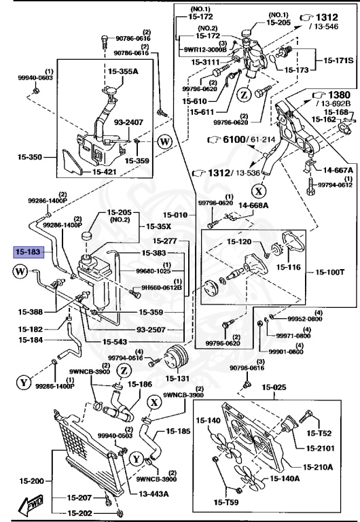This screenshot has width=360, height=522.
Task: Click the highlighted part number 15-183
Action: pos(29,252)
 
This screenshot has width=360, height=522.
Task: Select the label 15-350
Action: pos(29,157)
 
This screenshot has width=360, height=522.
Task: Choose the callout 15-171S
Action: pos(338,60)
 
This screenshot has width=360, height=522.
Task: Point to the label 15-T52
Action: pos(319,432)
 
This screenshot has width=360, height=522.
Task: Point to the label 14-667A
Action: pos(338,171)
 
